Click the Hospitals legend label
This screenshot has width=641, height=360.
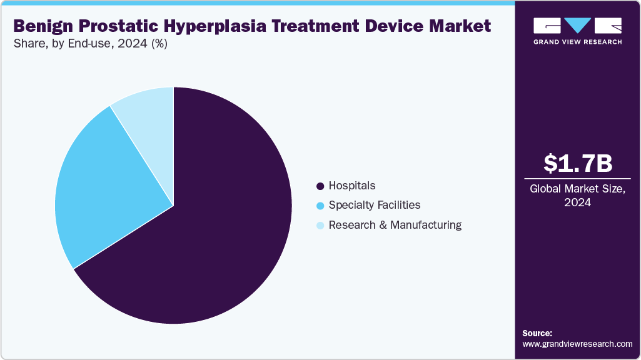point(352,186)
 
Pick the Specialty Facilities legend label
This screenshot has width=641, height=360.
point(375,205)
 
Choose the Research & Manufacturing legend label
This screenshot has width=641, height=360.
point(395,225)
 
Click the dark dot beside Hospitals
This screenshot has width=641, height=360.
point(321,186)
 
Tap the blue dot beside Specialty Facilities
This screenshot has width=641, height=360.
point(321,206)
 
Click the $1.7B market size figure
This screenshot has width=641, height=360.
point(577,164)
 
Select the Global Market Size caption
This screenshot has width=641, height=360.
point(577,189)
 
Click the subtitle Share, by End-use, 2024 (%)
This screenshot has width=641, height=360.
point(90,44)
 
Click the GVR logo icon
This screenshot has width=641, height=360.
point(577,25)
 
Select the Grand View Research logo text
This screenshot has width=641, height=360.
point(577,42)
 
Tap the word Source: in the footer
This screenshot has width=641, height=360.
point(537,333)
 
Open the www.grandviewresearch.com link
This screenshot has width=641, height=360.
point(577,344)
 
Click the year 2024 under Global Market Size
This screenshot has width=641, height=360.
point(577,202)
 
